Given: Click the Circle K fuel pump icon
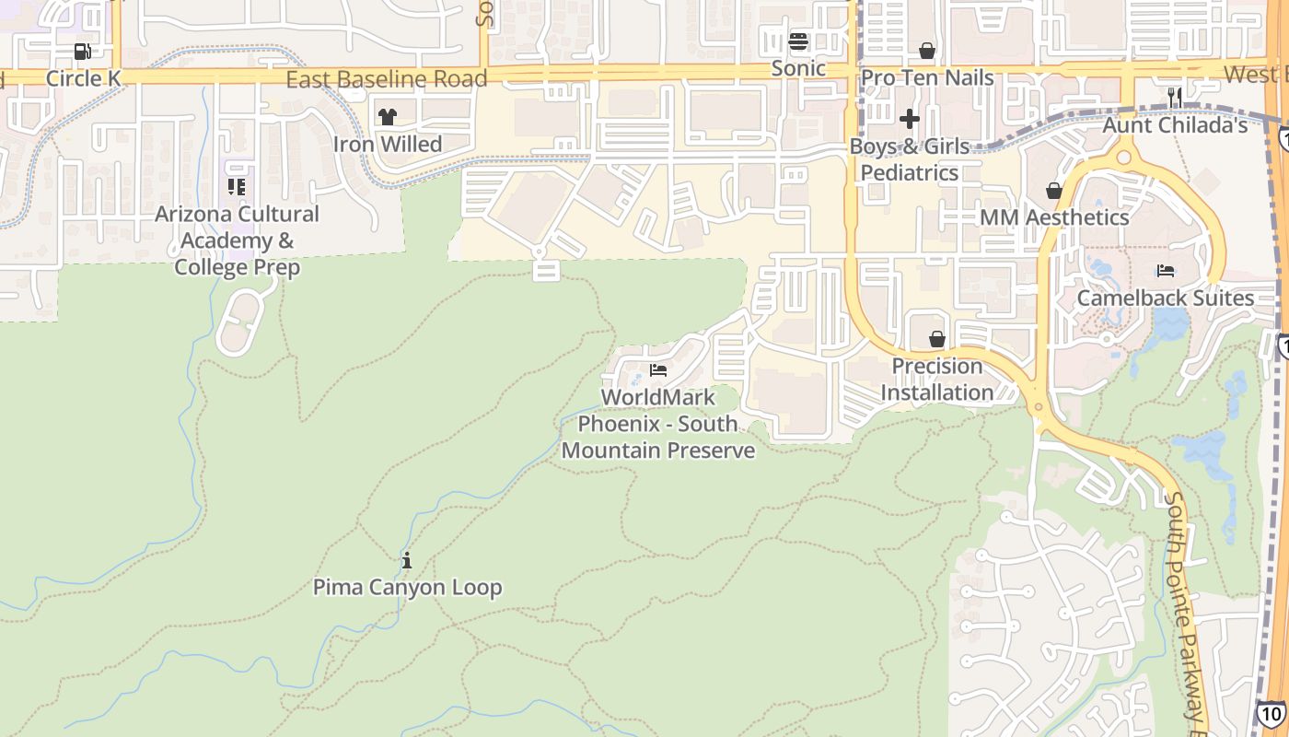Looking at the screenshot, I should pos(83,52).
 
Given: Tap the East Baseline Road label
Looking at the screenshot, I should pos(386,79).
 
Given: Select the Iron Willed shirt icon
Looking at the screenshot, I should pos(388,117).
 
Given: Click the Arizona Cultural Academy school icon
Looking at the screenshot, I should pos(237,187).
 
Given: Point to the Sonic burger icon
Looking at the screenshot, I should pos(798,41).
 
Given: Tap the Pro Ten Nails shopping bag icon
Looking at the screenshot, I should pos(927,51).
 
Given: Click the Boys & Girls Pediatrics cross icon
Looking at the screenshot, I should pos(910,119).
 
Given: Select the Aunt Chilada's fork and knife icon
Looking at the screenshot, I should pos(1174,97).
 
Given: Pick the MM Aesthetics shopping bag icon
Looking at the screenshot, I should pos(1054,191).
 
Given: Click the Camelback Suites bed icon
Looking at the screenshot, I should pos(1166,271).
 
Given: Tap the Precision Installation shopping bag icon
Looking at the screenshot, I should pos(937,339).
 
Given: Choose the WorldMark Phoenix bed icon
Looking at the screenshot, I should pos(658,370).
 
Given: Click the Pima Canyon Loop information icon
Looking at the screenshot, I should pos(407,560).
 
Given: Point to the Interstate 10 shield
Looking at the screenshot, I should pos(1272,713).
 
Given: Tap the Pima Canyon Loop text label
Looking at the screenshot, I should pos(408,587).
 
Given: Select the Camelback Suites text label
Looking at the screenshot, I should pos(1166,298).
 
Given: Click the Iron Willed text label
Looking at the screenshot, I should pos(388,145).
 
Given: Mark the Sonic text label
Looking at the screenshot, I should pos(798,68).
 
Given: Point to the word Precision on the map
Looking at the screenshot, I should pos(937,366).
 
